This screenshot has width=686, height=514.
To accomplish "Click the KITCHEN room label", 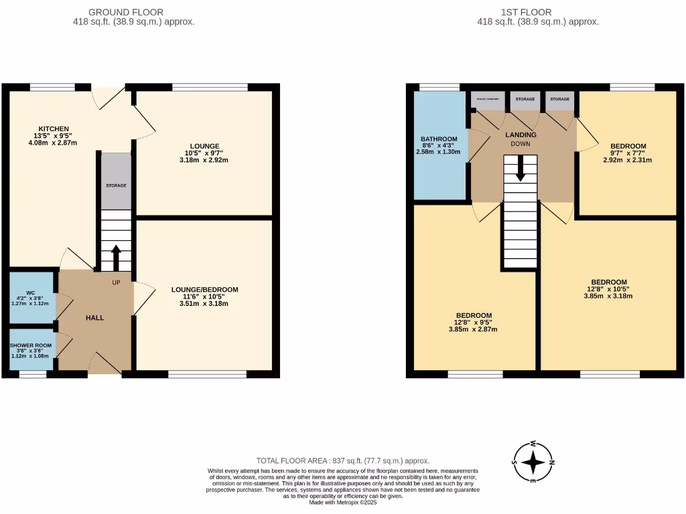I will (x=54, y=128).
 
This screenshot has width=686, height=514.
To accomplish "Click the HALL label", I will (x=94, y=318).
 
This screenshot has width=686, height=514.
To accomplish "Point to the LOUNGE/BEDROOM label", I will (x=204, y=290).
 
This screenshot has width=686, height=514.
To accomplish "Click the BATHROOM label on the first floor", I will (x=439, y=139).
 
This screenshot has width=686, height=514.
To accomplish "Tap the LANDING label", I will (x=521, y=135).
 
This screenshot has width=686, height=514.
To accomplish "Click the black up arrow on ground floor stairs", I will (x=116, y=257).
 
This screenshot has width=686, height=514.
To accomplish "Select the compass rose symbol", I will (x=533, y=462).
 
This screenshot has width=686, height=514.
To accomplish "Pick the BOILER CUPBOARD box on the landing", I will (x=488, y=100).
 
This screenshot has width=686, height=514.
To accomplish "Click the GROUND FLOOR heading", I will (x=126, y=12).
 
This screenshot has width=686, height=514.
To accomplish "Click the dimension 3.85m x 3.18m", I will (x=608, y=296).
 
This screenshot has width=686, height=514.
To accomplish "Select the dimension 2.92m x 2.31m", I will (x=628, y=160).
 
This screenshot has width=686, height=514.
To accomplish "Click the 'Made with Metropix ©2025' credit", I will (x=343, y=503).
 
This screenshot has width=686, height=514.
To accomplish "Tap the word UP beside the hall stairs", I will (x=116, y=282).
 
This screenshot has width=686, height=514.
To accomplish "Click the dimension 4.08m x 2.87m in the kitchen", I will (x=54, y=143).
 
